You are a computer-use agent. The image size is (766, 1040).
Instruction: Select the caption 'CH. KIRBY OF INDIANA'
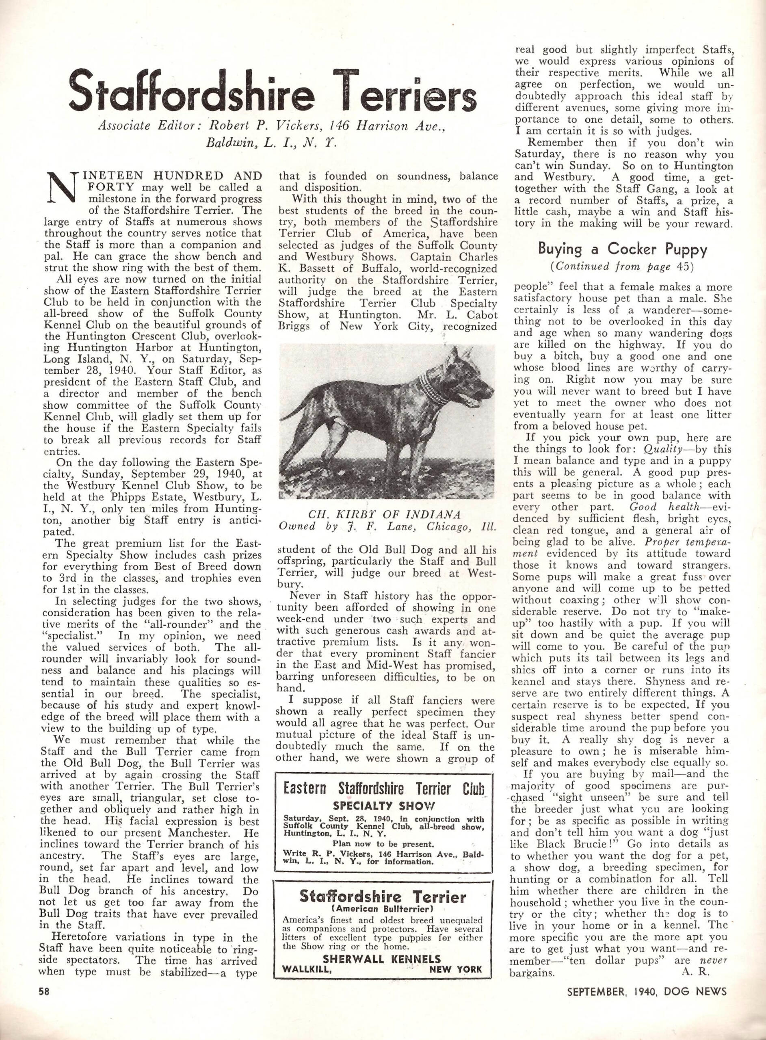[385, 515]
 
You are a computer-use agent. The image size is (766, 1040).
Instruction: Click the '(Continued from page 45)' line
[622, 266]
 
